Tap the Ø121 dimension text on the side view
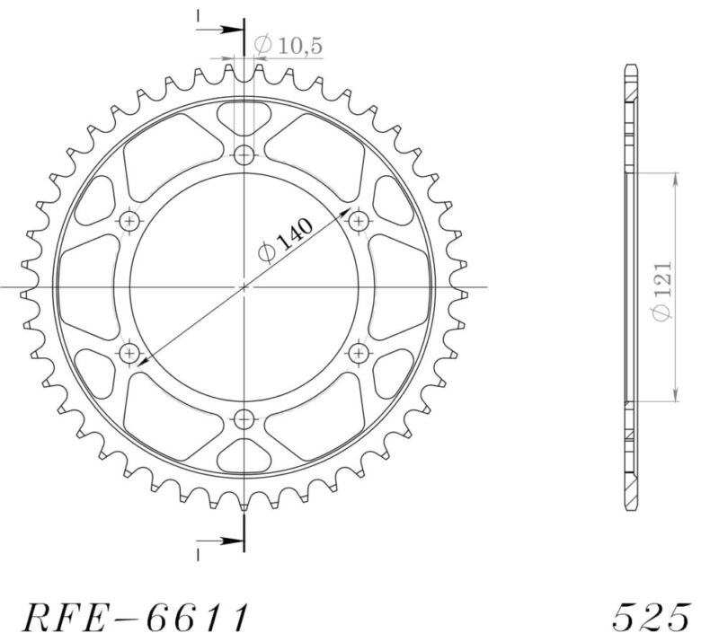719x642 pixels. pos(663,287)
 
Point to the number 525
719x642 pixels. pos(652,617)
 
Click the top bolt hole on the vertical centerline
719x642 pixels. pos(244,155)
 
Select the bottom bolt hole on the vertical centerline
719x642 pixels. pos(244,417)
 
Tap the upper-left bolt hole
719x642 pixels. pos(130,221)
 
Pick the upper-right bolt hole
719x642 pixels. pos(358,221)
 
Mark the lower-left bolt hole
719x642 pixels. pos(130,351)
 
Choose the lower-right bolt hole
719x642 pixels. pos(358,351)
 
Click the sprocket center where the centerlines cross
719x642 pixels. pos(244,286)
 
